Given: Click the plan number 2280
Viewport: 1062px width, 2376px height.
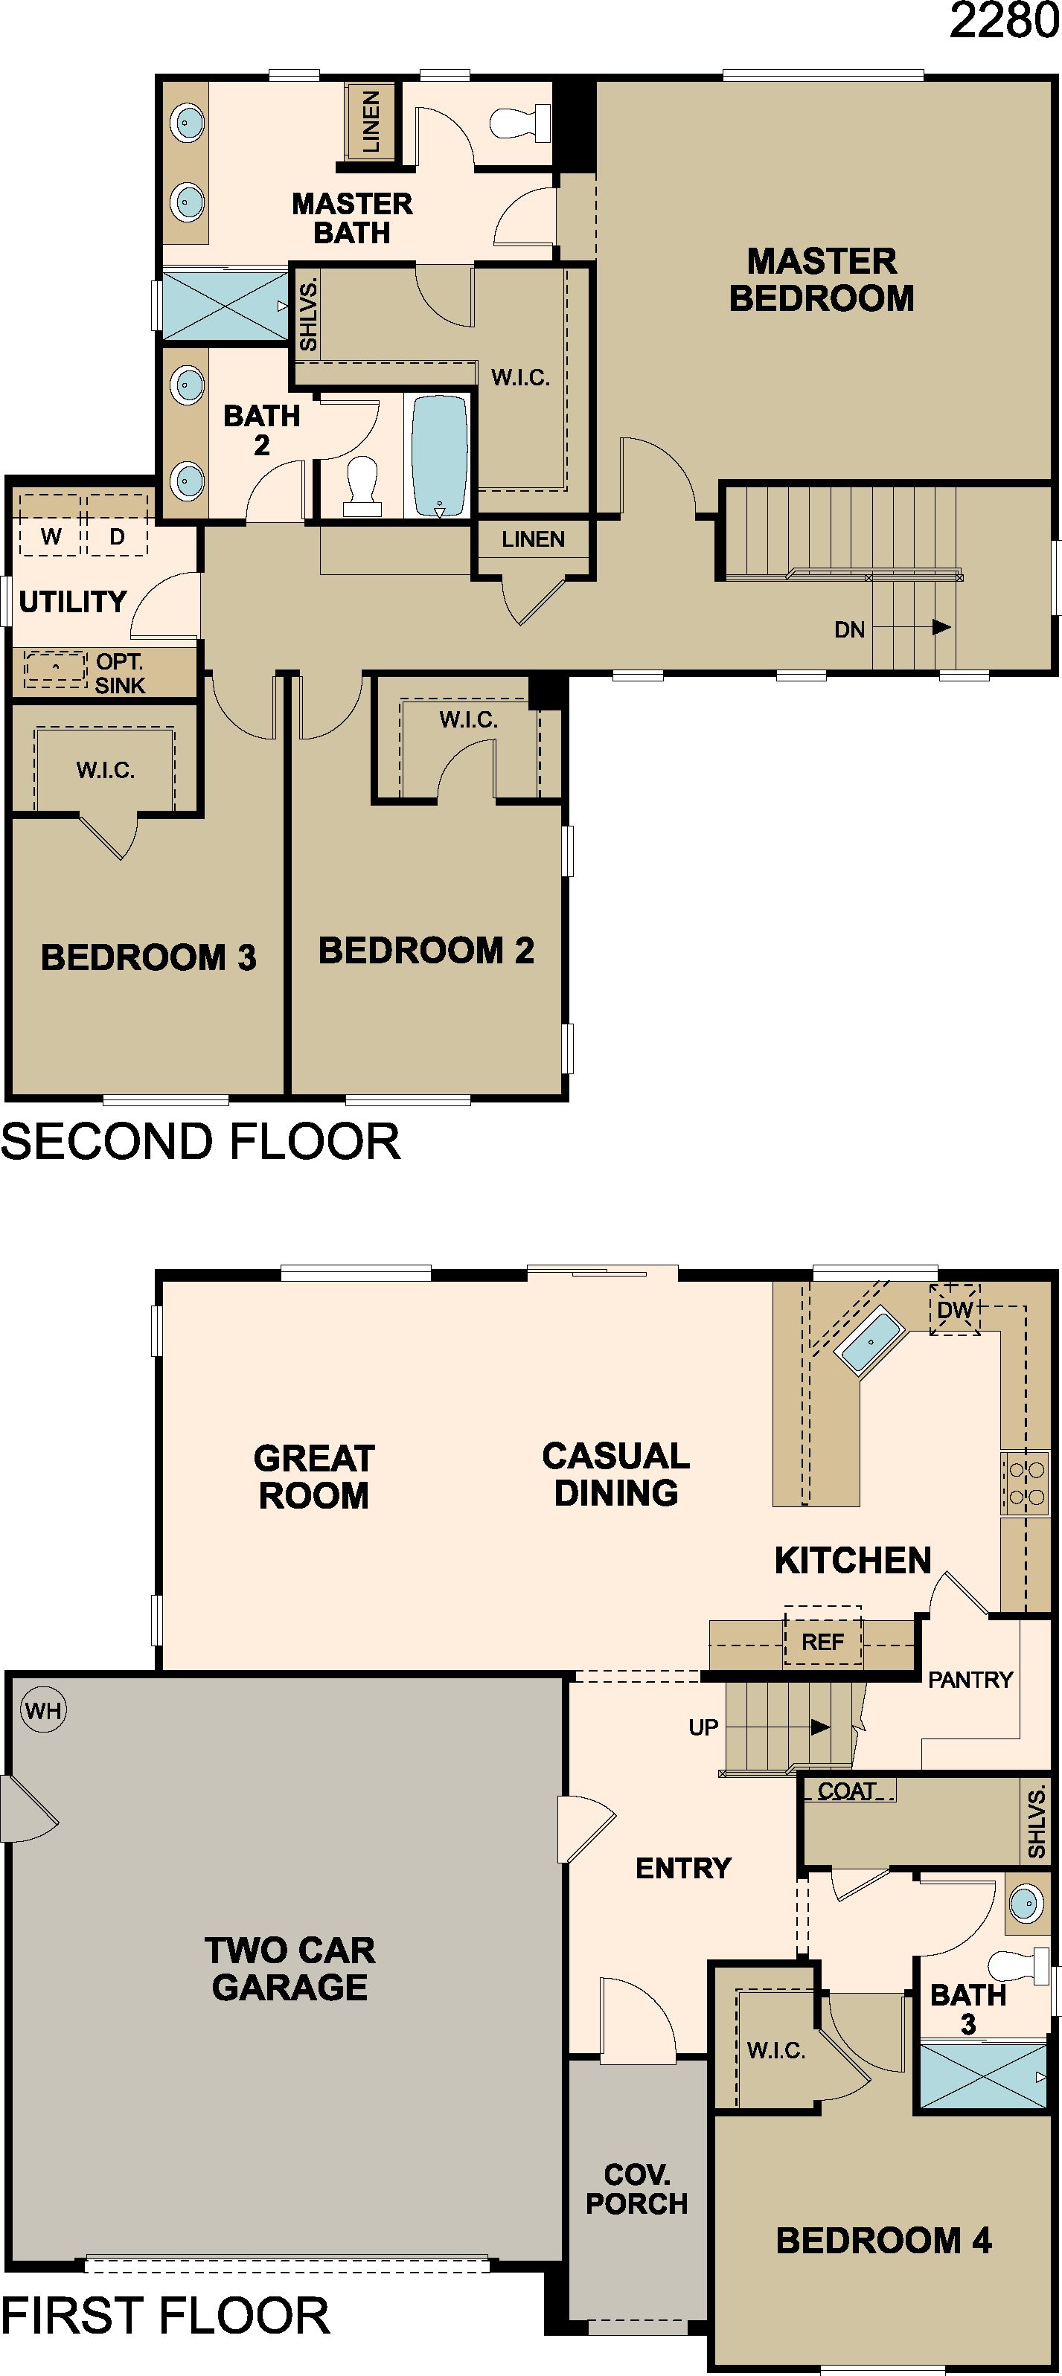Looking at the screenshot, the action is (x=1004, y=19).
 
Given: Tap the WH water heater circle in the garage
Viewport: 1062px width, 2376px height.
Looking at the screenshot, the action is (x=43, y=1710).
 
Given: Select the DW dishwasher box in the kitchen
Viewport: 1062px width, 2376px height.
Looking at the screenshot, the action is (x=955, y=1309).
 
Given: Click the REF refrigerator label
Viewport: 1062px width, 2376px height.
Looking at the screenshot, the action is (x=822, y=1642).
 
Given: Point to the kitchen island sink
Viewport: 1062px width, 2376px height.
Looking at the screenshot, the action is (x=867, y=1343).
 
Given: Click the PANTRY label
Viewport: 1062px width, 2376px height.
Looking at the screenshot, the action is (x=970, y=1680).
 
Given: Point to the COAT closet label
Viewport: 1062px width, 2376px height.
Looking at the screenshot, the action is (x=847, y=1791).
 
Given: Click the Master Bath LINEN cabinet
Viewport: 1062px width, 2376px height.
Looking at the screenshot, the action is (x=371, y=121).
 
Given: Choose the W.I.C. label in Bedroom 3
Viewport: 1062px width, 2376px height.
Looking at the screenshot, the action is (x=105, y=770).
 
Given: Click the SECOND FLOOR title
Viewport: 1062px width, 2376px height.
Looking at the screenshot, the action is (x=200, y=1142).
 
